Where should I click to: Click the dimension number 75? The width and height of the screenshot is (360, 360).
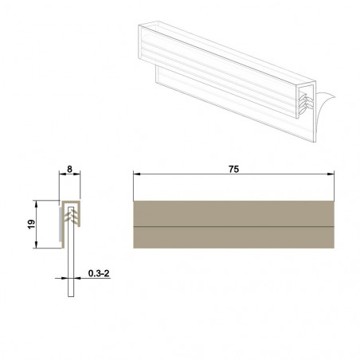tap(233, 169)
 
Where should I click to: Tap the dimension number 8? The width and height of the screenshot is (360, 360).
tap(69, 169)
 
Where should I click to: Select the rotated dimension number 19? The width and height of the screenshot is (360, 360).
tap(31, 225)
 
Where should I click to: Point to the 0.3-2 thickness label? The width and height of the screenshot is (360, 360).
tap(99, 273)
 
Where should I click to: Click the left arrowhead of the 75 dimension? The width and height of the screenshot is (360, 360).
tap(136, 174)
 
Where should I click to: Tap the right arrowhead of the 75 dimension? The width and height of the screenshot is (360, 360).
tap(331, 174)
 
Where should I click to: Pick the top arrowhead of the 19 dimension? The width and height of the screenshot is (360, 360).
tap(37, 204)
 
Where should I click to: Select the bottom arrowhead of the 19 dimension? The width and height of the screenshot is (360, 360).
tap(37, 245)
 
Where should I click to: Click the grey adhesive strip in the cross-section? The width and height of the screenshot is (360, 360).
tap(61, 225)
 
